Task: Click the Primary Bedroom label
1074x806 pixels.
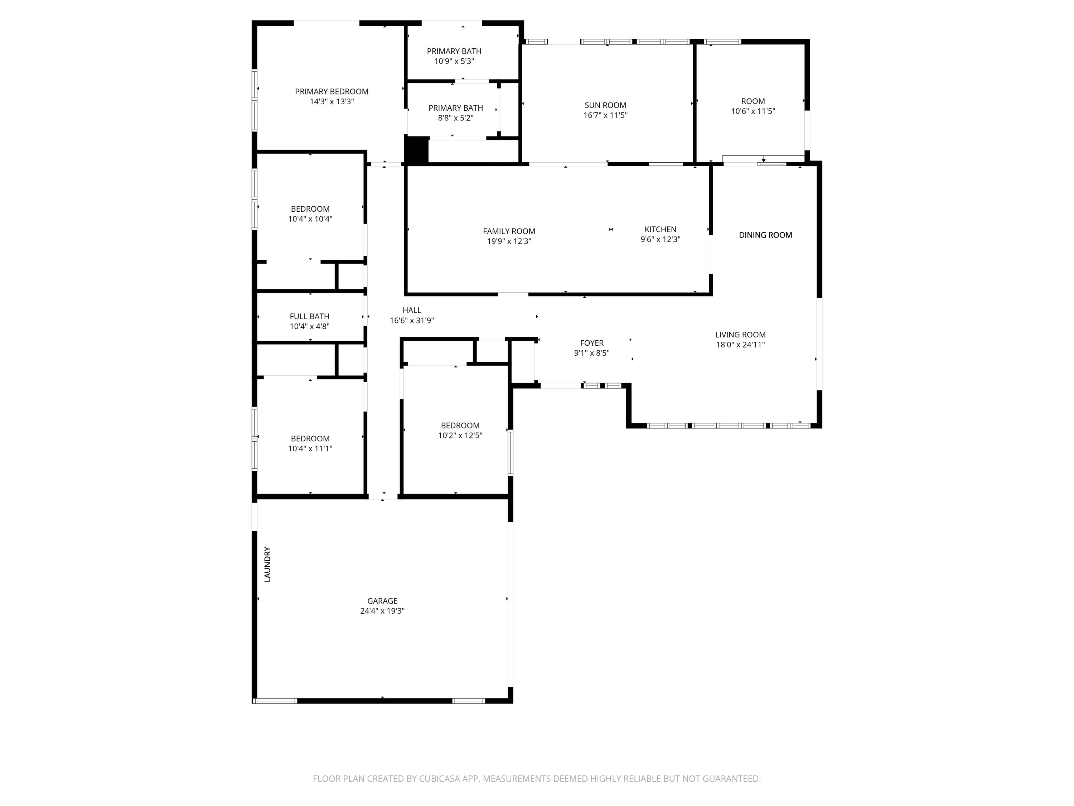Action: pyautogui.click(x=332, y=91)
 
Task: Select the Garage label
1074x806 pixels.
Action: pyautogui.click(x=382, y=601)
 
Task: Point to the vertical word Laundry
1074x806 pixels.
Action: pyautogui.click(x=267, y=565)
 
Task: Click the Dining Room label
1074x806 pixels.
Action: pyautogui.click(x=765, y=235)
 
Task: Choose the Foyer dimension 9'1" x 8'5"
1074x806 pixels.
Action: pyautogui.click(x=591, y=353)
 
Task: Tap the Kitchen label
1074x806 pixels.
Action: pyautogui.click(x=660, y=229)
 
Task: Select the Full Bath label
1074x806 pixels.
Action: pyautogui.click(x=310, y=316)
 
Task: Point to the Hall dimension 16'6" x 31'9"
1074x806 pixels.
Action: pyautogui.click(x=412, y=321)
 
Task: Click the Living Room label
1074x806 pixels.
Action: pyautogui.click(x=740, y=335)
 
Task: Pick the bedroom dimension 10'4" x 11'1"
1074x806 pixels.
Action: pyautogui.click(x=310, y=449)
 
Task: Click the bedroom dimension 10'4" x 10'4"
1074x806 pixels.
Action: pyautogui.click(x=310, y=219)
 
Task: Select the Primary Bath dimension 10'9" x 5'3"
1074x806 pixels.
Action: pyautogui.click(x=454, y=62)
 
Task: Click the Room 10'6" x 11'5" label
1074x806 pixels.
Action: pyautogui.click(x=753, y=101)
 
